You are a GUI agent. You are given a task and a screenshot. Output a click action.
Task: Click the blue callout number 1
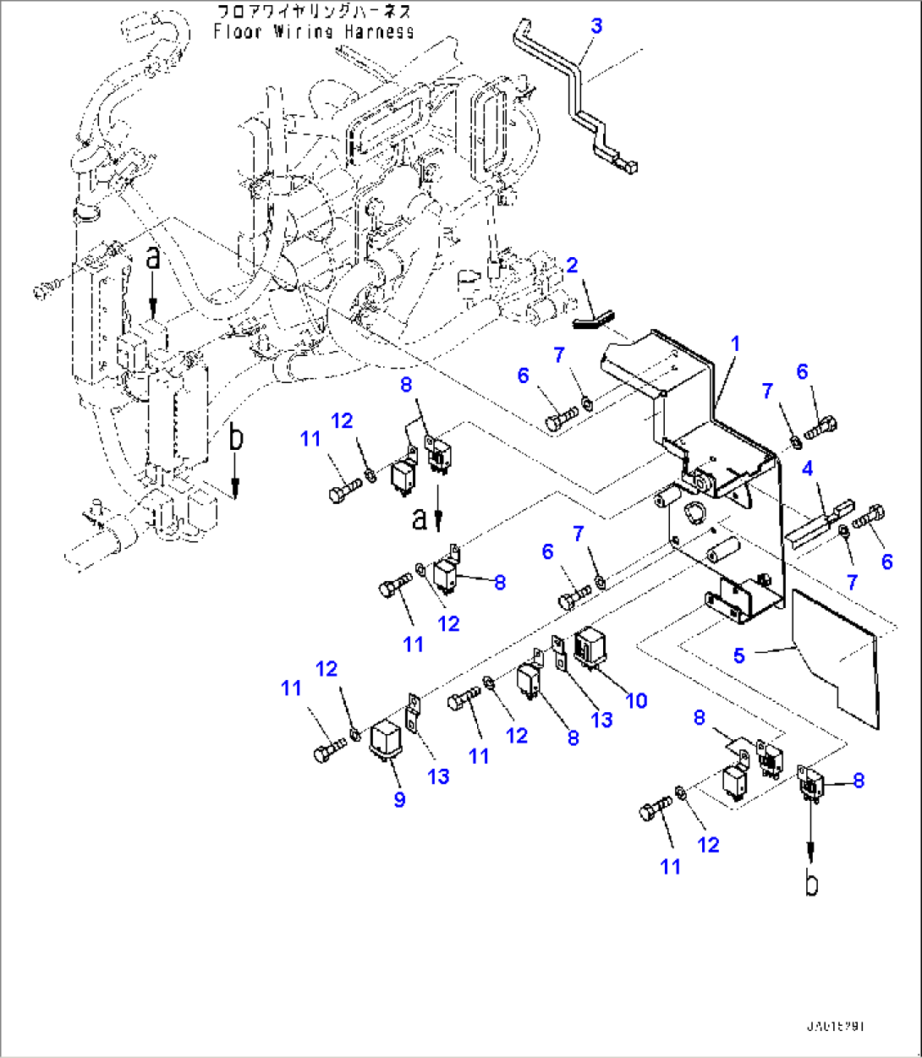735,344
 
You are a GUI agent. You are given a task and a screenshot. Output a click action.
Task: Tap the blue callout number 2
573,266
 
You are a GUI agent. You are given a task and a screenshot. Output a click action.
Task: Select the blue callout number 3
596,26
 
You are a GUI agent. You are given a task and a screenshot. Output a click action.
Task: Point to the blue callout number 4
808,469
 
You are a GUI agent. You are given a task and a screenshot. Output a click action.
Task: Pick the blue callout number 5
739,655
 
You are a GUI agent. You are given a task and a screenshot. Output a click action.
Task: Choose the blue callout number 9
399,799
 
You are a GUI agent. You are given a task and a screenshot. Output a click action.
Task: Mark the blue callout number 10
636,700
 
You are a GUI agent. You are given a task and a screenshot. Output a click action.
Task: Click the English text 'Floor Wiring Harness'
314,32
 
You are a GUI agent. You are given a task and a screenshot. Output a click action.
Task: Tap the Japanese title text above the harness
314,12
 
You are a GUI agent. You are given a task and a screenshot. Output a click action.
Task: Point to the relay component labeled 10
590,649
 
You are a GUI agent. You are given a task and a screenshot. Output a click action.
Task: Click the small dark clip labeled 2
590,319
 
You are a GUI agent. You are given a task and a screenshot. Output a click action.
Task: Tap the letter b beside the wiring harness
236,439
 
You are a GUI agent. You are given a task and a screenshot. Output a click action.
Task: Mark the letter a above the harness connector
152,259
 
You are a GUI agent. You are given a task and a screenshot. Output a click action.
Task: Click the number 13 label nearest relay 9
438,776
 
